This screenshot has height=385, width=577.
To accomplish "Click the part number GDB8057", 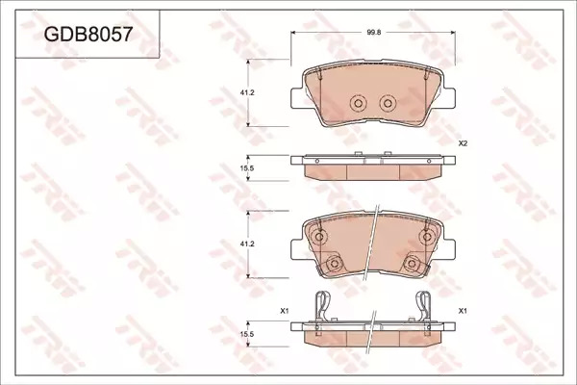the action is point(88,35).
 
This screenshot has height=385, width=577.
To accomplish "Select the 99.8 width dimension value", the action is point(373,32).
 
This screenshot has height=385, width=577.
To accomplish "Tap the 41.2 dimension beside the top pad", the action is point(247,92).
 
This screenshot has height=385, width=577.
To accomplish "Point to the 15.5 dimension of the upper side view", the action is point(247,168).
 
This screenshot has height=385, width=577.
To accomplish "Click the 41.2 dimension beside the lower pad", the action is point(247,244).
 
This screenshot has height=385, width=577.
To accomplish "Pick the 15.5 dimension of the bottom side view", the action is point(247,334).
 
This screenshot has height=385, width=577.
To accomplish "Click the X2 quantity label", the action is point(463,143).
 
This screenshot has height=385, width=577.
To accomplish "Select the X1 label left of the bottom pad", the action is point(284,311).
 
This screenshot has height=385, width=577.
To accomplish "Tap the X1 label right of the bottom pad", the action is point(463,311).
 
